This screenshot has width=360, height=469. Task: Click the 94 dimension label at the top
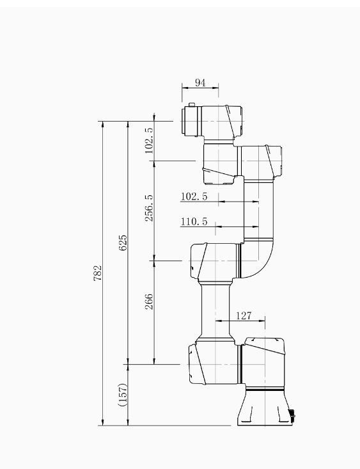200,83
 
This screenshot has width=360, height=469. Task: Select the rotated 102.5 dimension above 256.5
149,141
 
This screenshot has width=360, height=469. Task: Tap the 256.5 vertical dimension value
149,208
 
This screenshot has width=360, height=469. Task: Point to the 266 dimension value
149,301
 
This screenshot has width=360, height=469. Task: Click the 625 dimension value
123,243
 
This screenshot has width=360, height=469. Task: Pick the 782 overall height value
98,273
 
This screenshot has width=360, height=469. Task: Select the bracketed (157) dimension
123,395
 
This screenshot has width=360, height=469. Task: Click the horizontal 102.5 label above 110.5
194,196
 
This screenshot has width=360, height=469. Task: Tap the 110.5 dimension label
194,221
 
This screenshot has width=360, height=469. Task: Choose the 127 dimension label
244,315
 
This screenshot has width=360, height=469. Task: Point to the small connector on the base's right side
292,415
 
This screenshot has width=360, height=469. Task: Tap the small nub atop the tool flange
192,104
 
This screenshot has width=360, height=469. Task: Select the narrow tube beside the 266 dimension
215,311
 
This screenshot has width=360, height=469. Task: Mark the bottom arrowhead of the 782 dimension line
103,422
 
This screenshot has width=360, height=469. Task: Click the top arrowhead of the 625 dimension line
128,124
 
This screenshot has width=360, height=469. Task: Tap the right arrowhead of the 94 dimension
215,88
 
